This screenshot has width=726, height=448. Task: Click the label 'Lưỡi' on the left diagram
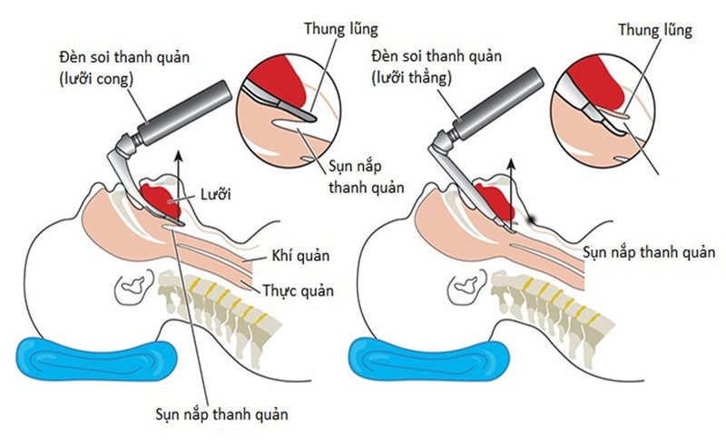click(x=214, y=194)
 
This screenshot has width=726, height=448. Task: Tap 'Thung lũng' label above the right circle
click(x=654, y=30)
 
